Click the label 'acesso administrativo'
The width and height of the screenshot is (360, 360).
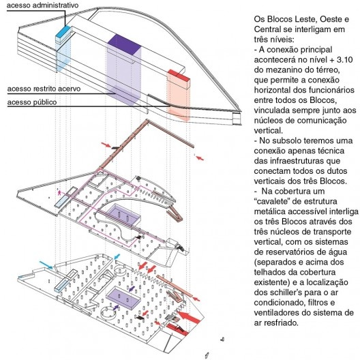pos(42,5)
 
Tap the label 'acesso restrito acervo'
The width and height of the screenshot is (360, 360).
pos(44,89)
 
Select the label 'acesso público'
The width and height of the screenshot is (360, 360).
pos(32,102)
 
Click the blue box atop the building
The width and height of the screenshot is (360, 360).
pos(63,35)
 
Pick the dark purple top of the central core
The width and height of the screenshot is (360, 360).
pos(124,44)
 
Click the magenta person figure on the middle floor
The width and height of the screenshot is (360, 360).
pos(59,192)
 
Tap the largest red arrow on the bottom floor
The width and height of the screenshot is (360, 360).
pos(189,317)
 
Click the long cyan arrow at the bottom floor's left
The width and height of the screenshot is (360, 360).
pos(46,265)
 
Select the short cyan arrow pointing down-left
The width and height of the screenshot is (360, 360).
pos(117,256)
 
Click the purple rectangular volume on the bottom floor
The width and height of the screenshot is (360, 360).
pos(123,298)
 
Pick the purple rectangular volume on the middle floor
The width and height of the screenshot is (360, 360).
pos(123,215)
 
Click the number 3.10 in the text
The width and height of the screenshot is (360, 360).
pos(344,60)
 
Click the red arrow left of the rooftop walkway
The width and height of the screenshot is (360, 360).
pos(106,145)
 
